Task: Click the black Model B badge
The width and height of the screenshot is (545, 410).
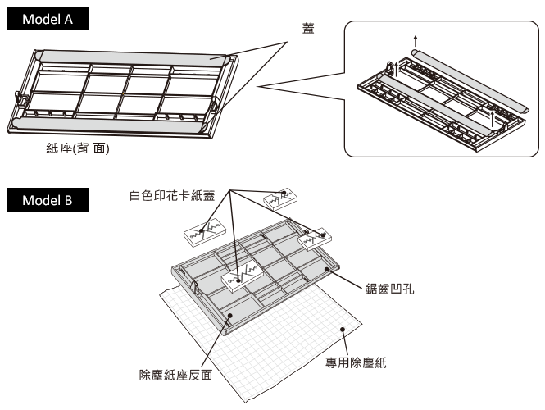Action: point(47,200)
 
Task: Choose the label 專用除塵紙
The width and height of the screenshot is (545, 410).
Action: point(356,362)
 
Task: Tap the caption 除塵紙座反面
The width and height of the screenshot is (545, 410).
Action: point(176,376)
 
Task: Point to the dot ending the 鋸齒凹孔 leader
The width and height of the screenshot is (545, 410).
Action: point(327,267)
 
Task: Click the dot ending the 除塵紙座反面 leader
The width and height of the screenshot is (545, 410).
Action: point(230,315)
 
